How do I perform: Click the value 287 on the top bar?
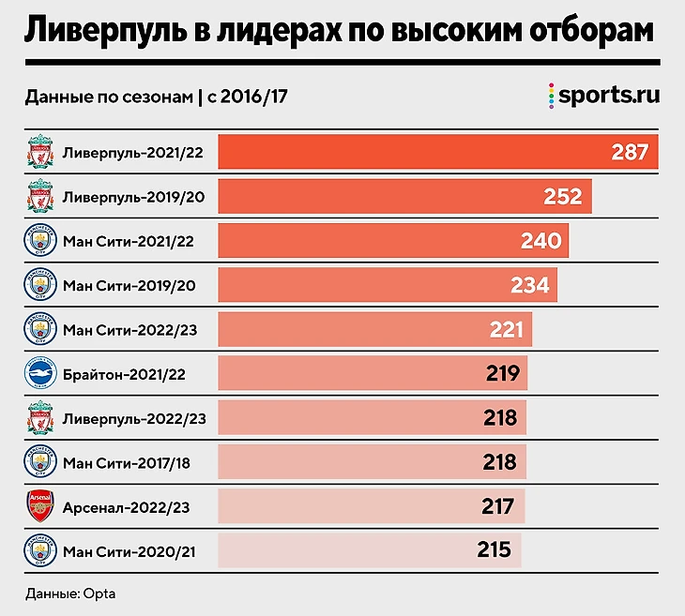[630, 152]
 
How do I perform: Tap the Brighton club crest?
[41, 373]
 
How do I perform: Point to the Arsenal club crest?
[41, 507]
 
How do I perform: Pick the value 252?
[563, 197]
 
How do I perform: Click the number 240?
[540, 241]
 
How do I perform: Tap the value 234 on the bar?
[529, 285]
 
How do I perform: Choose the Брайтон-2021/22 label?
[124, 373]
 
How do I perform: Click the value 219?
[503, 373]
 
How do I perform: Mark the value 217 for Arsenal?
[497, 507]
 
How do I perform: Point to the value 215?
[494, 550]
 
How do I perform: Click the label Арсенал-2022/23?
[127, 507]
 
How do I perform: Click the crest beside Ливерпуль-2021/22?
[41, 153]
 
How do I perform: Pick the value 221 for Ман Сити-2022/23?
[508, 329]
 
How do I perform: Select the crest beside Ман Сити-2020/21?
[41, 551]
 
